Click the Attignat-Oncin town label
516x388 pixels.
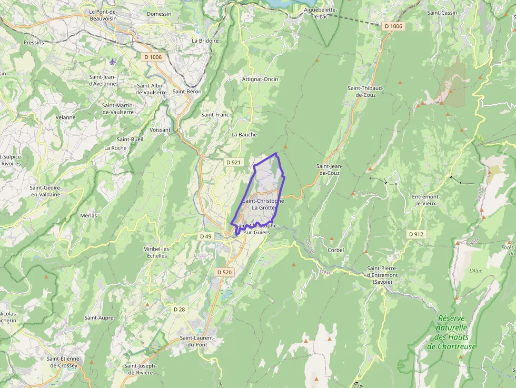coord(260,79)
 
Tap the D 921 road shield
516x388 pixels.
coord(233,162)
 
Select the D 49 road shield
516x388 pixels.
coord(205,236)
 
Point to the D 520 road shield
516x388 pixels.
coord(224,272)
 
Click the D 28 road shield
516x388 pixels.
coord(179,309)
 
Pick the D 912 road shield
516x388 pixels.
coord(416,234)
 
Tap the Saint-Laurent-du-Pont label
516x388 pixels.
coord(197,341)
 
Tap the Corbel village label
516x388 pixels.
coord(335,250)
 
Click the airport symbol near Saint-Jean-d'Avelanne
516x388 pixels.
coord(113,62)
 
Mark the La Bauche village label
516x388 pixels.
coord(244,134)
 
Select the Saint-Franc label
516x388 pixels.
coord(215,114)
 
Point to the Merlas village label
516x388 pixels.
coord(88,215)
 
